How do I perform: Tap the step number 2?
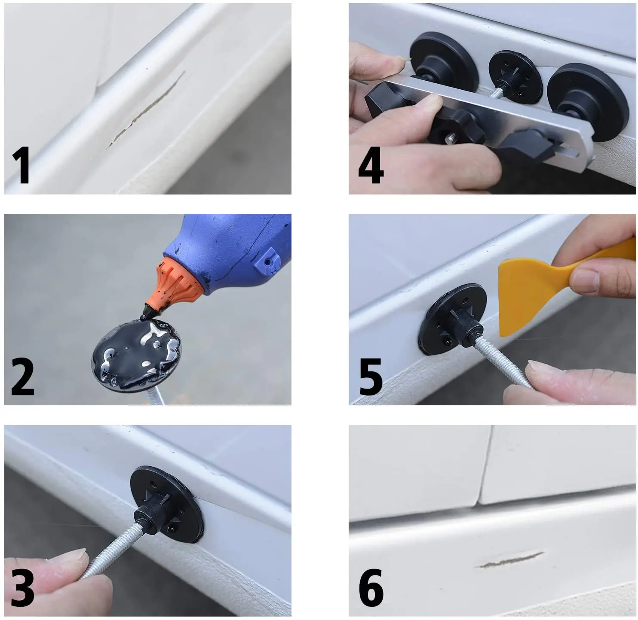click(22, 377)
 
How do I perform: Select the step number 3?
click(22, 588)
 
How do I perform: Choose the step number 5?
click(371, 377)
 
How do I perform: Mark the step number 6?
click(371, 588)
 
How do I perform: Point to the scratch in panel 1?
click(146, 109)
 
